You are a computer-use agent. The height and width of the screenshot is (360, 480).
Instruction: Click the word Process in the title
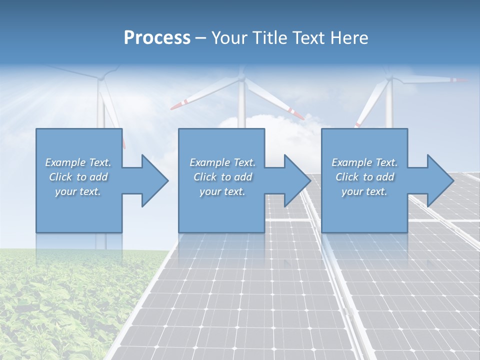pyautogui.click(x=157, y=37)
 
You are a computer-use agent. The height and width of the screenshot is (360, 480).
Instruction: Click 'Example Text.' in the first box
pyautogui.click(x=78, y=162)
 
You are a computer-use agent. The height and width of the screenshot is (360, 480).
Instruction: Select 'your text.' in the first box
pyautogui.click(x=78, y=191)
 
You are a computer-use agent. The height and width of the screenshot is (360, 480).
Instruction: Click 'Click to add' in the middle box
pyautogui.click(x=222, y=177)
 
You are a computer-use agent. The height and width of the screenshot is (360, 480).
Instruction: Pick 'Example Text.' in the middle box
pyautogui.click(x=222, y=162)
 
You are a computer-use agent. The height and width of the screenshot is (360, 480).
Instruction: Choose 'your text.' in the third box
pyautogui.click(x=364, y=191)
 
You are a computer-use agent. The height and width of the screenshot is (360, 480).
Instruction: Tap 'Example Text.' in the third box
pyautogui.click(x=364, y=162)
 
